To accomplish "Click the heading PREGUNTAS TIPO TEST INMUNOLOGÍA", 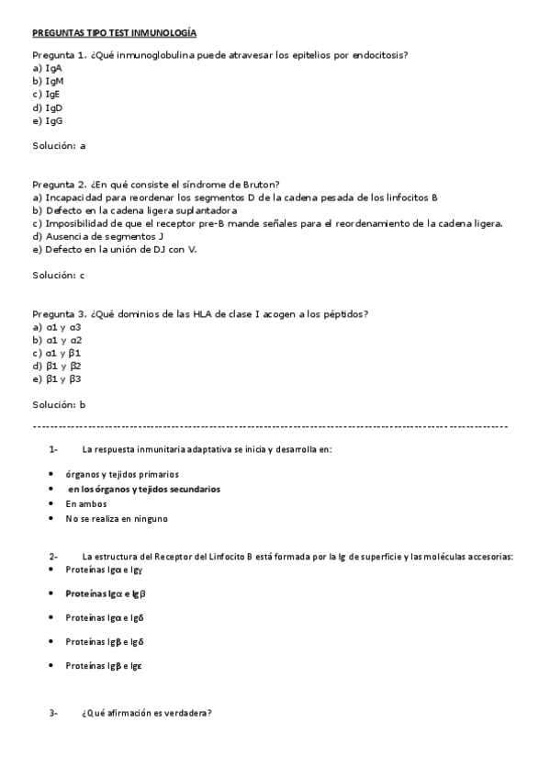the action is [x=114, y=33].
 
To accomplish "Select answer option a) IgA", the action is [x=47, y=68].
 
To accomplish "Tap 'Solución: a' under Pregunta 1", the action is [x=59, y=145].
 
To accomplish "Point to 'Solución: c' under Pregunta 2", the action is [x=59, y=275].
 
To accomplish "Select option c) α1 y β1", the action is [x=57, y=353].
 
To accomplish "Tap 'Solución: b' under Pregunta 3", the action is [x=59, y=404].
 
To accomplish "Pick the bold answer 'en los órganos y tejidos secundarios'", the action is [x=144, y=490].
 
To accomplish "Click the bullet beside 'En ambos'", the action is [x=50, y=504].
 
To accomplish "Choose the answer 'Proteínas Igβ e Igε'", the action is [x=103, y=665].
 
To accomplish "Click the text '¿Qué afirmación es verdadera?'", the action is [x=147, y=713].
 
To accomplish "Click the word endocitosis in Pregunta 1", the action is [x=376, y=55].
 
